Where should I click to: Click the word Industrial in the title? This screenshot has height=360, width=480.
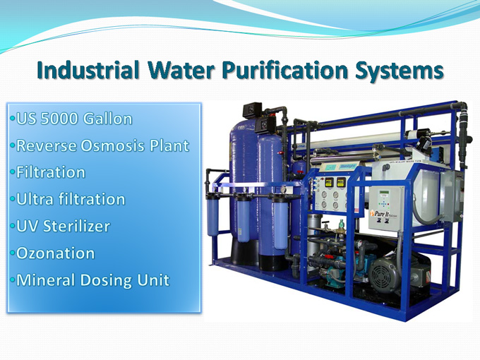pyautogui.click(x=88, y=71)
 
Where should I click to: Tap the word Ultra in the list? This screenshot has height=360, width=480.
pyautogui.click(x=36, y=199)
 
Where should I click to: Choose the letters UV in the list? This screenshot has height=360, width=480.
pyautogui.click(x=27, y=227)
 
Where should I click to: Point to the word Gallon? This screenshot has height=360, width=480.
pyautogui.click(x=107, y=119)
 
